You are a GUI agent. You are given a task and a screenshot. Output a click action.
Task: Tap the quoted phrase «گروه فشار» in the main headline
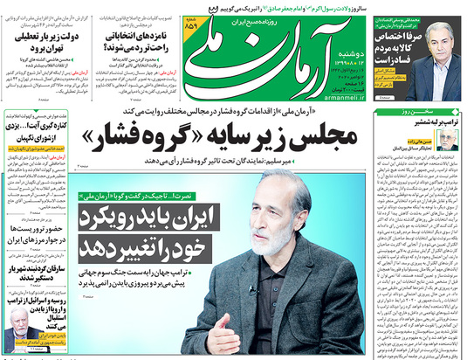(139, 137)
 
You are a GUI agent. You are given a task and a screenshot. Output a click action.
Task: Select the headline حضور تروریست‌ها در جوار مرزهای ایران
(36, 232)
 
